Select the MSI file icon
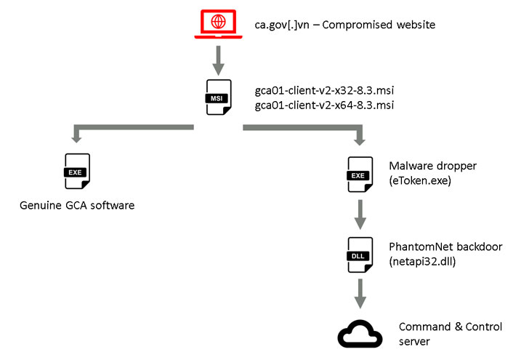coord(217,97)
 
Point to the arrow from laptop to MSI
coord(217,57)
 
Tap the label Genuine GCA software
coord(77,207)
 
